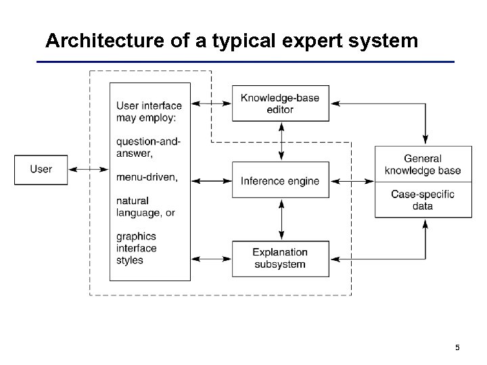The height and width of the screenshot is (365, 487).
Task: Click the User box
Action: (41, 169)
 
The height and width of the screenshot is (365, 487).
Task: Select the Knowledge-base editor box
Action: (280, 103)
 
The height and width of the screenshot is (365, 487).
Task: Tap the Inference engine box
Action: (280, 181)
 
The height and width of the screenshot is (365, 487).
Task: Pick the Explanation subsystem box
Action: (280, 258)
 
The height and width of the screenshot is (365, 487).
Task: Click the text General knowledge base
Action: (423, 164)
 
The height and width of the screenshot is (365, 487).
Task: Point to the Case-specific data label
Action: (423, 200)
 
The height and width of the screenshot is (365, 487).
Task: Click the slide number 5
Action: (458, 347)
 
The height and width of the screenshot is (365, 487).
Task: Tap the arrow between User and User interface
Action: (90, 169)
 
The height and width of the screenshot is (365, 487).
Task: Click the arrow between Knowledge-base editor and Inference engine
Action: (281, 141)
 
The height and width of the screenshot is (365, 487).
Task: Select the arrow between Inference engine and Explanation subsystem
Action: (281, 220)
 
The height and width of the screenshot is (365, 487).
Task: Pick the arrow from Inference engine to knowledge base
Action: (352, 181)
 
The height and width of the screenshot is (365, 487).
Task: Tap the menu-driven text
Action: (147, 177)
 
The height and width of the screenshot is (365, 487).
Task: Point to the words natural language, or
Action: (145, 207)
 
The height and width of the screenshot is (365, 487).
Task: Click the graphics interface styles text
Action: (137, 248)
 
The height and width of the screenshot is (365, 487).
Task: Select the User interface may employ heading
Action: (149, 112)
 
